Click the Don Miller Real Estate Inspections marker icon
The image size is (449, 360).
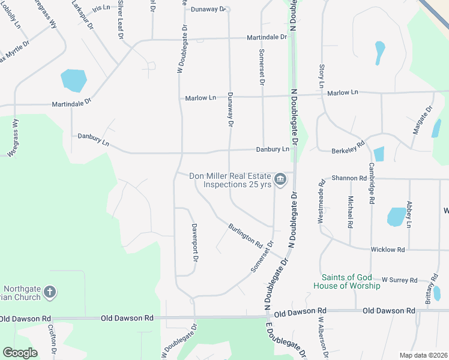[280, 179]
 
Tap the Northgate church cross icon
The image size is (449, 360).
[50, 292]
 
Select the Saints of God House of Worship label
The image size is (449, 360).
[351, 281]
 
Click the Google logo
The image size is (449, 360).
[20, 353]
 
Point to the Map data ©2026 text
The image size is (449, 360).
[423, 355]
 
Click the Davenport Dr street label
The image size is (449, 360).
[194, 243]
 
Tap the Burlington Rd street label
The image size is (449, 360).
[246, 236]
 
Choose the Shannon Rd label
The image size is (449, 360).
[349, 178]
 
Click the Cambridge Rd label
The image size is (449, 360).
[372, 184]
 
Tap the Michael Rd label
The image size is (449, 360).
[350, 211]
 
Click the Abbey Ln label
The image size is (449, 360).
[409, 214]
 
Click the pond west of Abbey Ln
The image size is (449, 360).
[396, 217]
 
